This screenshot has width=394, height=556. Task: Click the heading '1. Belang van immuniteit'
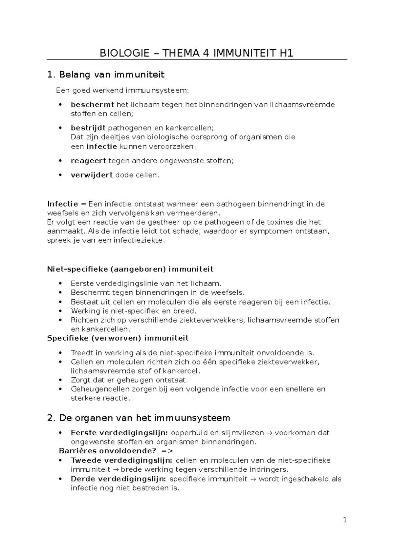coord(105,75)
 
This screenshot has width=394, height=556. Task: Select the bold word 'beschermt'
coord(92,105)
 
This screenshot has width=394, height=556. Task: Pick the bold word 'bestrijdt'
coord(88,128)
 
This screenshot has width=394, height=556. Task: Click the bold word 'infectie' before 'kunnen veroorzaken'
coord(101,147)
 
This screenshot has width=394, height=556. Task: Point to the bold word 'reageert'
coord(88,161)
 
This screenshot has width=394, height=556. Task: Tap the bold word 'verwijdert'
coord(92,175)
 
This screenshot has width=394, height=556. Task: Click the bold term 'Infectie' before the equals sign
coord(62,204)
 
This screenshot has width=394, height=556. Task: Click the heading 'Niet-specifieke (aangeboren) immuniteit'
coord(130,269)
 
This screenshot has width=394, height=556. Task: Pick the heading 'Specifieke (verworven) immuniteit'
coord(118,338)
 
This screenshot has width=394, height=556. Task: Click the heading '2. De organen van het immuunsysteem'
coord(138,418)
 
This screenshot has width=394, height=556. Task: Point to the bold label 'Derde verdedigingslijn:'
coord(119,479)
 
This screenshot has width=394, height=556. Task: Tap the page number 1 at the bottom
coord(345,520)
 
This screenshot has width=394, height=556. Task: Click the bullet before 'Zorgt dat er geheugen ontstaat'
coord(60,380)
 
